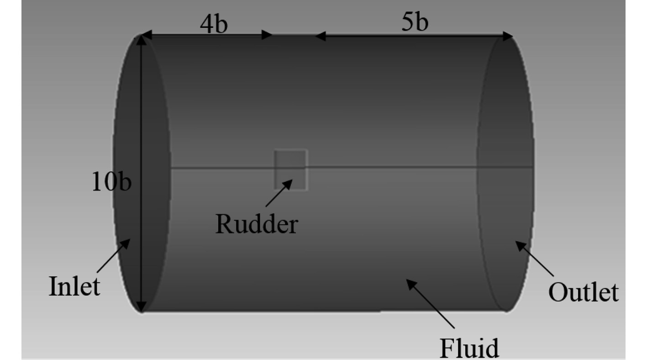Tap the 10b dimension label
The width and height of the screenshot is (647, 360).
click(111, 182)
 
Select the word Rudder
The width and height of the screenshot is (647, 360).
click(257, 224)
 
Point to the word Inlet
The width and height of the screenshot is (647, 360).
click(74, 286)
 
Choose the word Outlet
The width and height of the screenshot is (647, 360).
click(583, 292)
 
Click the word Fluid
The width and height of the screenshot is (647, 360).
click(469, 348)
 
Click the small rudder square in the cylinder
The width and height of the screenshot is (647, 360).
click(291, 169)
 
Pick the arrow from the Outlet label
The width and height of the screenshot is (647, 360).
click(535, 259)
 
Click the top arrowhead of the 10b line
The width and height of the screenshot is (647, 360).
click(142, 40)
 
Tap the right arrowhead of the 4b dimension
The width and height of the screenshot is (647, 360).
click(267, 35)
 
